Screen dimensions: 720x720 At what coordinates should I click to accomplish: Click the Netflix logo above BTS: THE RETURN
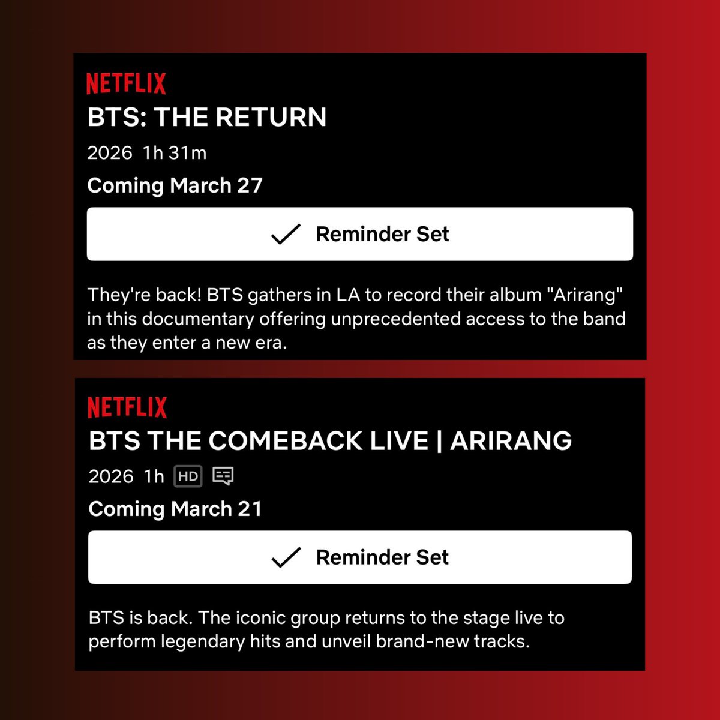pos(126,83)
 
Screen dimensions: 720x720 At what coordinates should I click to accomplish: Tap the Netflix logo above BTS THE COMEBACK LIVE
pos(127,407)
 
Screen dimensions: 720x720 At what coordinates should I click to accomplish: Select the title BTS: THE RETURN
pos(207,117)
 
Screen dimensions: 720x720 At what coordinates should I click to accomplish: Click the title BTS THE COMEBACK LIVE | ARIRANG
pos(330,441)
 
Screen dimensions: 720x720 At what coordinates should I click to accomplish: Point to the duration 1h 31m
pos(175,153)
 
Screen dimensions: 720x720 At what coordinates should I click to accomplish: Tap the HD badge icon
pos(188,476)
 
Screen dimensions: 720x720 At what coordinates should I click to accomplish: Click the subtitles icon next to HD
pos(223,476)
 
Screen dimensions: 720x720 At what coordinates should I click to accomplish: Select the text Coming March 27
pos(175,185)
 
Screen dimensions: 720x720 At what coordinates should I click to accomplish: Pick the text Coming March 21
pos(175,509)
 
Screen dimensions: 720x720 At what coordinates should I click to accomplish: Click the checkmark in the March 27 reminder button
pos(286,234)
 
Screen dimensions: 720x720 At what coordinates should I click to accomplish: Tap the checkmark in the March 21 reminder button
pos(286,557)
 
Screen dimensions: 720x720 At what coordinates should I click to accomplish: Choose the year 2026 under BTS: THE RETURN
pos(110,153)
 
